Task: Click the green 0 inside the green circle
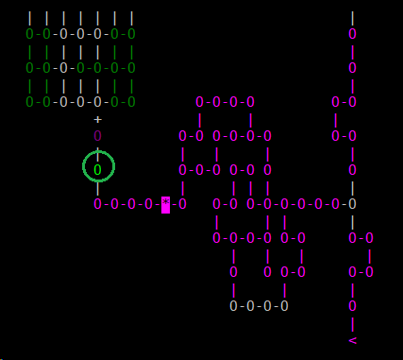pyautogui.click(x=96, y=169)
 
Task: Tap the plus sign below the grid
pyautogui.click(x=96, y=119)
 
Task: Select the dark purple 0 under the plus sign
pyautogui.click(x=96, y=136)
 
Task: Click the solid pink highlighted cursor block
pyautogui.click(x=165, y=204)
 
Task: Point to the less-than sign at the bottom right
pyautogui.click(x=352, y=340)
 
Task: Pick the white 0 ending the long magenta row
pyautogui.click(x=352, y=204)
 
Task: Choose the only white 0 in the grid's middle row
pyautogui.click(x=62, y=68)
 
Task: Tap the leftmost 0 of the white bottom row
pyautogui.click(x=233, y=306)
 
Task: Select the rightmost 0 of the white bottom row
pyautogui.click(x=284, y=306)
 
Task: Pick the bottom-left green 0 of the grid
pyautogui.click(x=28, y=102)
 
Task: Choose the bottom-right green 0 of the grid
pyautogui.click(x=130, y=102)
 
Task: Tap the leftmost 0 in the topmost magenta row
pyautogui.click(x=199, y=102)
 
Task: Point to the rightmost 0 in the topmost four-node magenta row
pyautogui.click(x=250, y=102)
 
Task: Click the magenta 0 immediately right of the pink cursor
pyautogui.click(x=182, y=204)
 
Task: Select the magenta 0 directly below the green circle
pyautogui.click(x=96, y=204)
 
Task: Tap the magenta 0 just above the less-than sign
pyautogui.click(x=352, y=306)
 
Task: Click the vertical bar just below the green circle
pyautogui.click(x=96, y=187)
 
